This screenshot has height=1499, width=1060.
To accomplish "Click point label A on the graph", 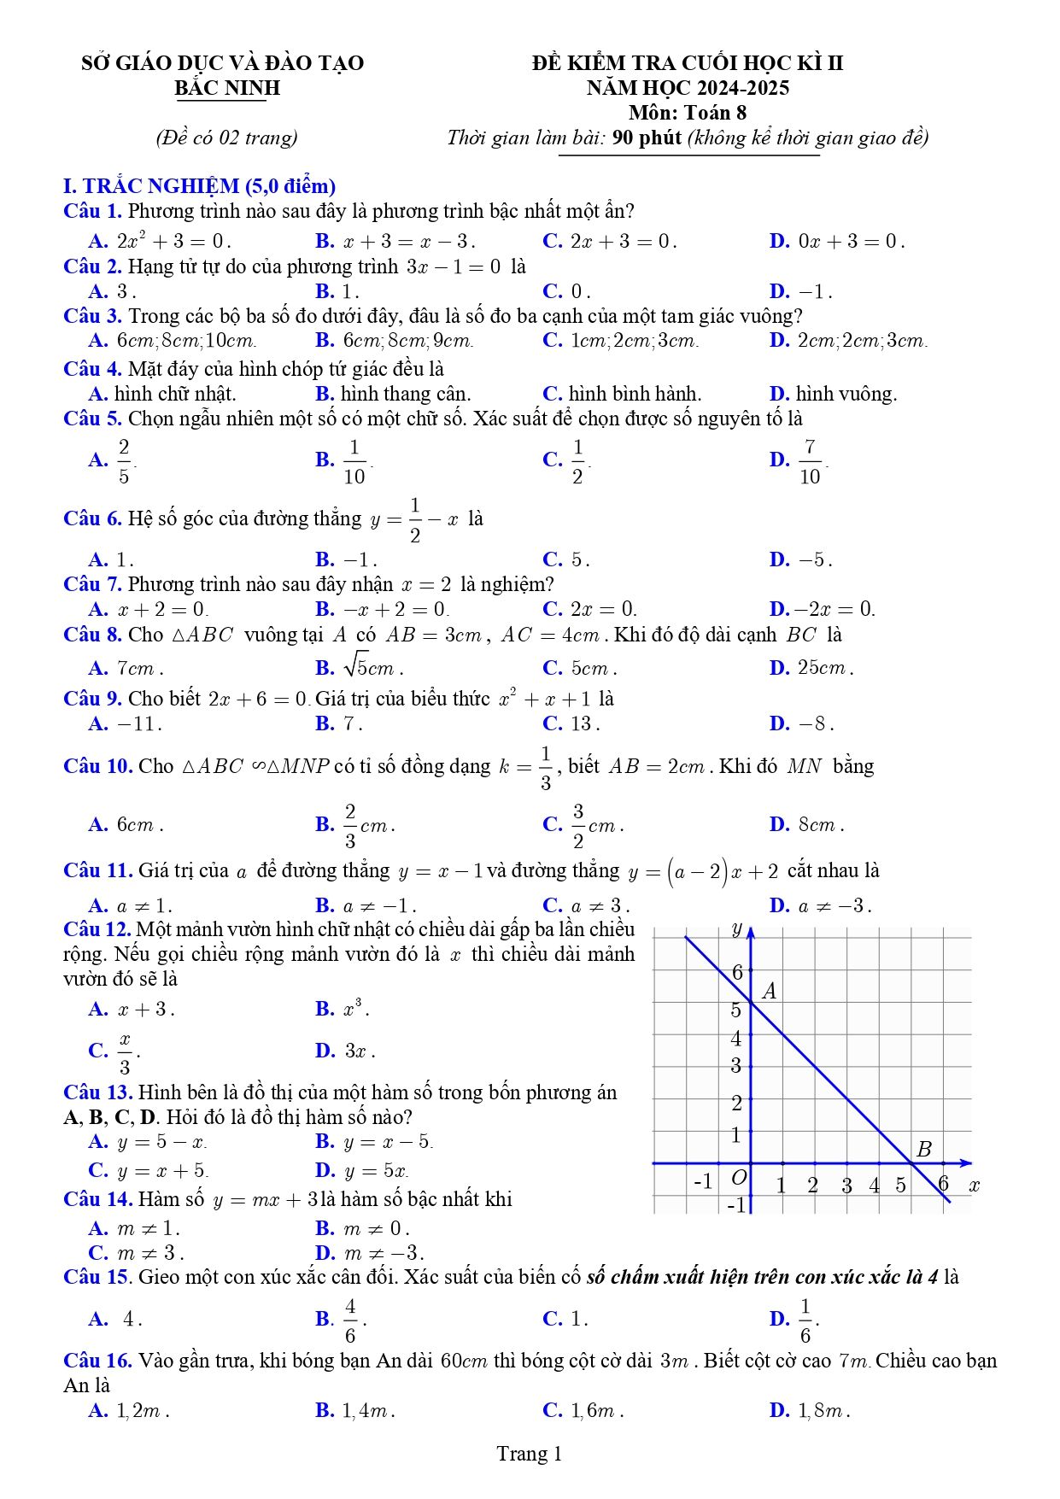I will click(x=770, y=992).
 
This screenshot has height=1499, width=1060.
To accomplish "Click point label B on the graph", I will click(x=923, y=1150).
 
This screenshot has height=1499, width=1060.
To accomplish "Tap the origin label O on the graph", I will click(x=739, y=1178).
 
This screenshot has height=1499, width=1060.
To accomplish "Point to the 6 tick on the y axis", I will click(x=738, y=972).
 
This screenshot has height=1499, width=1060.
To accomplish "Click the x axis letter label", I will click(x=974, y=1186).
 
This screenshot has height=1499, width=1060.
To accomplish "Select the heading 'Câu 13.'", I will click(x=97, y=1092).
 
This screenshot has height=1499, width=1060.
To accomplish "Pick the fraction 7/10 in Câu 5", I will click(x=810, y=461).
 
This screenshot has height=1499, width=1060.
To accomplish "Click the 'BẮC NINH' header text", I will click(x=227, y=88).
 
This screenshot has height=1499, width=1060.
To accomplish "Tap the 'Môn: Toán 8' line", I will click(x=688, y=113).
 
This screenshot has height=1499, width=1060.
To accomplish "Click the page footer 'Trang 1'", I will click(x=530, y=1454).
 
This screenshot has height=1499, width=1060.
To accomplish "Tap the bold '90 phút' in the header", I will click(x=647, y=138).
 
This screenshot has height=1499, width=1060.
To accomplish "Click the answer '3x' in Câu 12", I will click(x=358, y=1051).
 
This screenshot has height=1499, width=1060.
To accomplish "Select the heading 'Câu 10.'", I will click(x=97, y=766).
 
